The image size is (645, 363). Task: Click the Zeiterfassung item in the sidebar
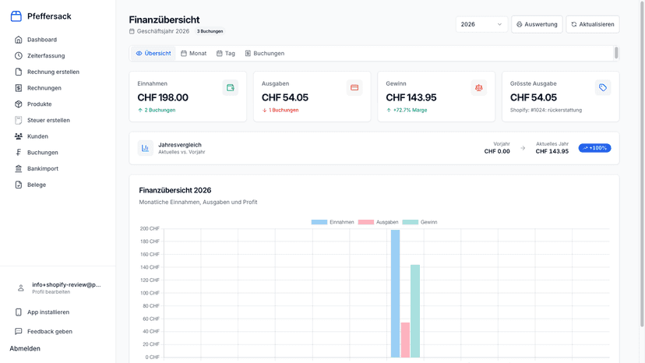(x=46, y=55)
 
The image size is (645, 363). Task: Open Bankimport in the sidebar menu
(x=42, y=168)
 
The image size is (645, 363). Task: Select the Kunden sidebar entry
(x=37, y=136)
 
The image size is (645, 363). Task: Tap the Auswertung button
(x=537, y=24)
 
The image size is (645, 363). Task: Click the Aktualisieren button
(x=593, y=24)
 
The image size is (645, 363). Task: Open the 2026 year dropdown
(x=481, y=24)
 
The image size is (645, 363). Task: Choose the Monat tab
(x=194, y=54)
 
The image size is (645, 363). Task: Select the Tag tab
(x=226, y=54)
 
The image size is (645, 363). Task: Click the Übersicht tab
(x=153, y=54)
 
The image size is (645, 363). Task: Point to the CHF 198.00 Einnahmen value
(x=163, y=97)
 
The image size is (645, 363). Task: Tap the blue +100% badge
(x=595, y=148)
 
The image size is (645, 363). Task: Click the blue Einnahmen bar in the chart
(x=395, y=294)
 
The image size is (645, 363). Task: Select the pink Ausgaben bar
(x=405, y=340)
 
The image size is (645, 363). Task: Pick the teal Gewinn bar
(x=415, y=311)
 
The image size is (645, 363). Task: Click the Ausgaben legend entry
(x=378, y=222)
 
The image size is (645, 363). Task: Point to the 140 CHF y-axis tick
(x=150, y=267)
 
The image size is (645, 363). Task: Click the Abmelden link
(x=25, y=349)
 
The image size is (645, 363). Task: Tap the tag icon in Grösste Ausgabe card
(x=603, y=88)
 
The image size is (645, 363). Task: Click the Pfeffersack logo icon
(x=16, y=16)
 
